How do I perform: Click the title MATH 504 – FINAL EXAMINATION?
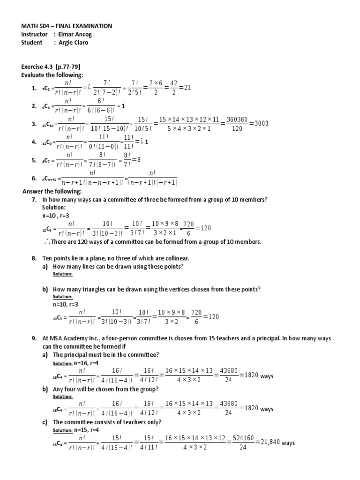pyautogui.click(x=67, y=26)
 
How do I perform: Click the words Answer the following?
pyautogui.click(x=52, y=192)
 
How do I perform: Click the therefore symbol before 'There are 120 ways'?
pyautogui.click(x=45, y=241)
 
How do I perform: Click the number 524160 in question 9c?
pyautogui.click(x=242, y=438)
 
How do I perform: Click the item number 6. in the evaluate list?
pyautogui.click(x=34, y=178)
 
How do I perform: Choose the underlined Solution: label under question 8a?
pyautogui.click(x=62, y=274)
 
